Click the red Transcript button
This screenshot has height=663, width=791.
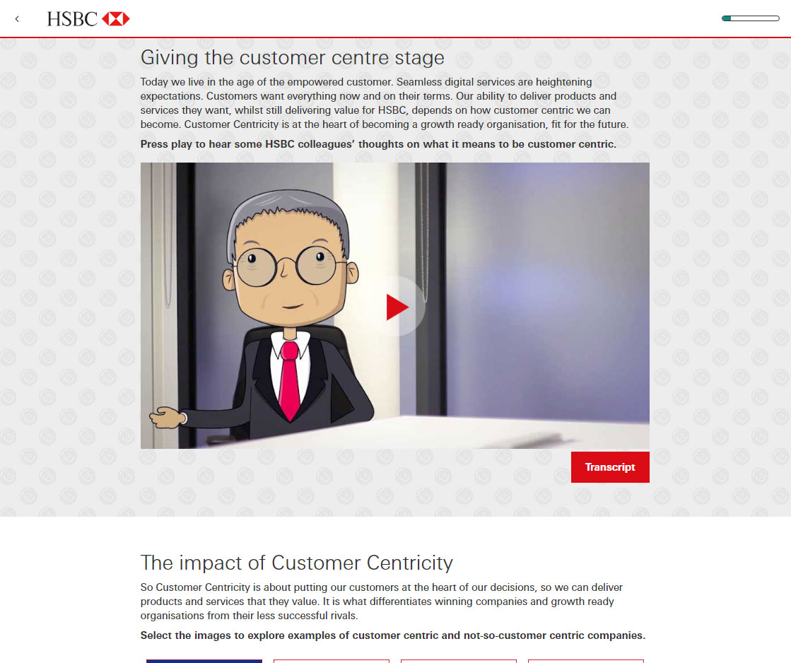coord(610,467)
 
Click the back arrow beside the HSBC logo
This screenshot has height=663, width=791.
coord(17,19)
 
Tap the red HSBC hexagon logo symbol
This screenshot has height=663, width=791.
coord(115,19)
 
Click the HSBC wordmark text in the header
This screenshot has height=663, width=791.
coord(72,19)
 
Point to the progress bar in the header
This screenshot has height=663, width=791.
coord(751,18)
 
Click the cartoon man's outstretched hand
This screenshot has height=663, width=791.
coord(167,417)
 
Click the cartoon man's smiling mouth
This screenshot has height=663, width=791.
coord(292,306)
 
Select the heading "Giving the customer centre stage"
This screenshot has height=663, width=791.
coord(292,57)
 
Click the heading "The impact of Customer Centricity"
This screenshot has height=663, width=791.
coord(297,563)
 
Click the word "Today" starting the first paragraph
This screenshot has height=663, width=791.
coord(154,82)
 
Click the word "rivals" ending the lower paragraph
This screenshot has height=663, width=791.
coord(343,616)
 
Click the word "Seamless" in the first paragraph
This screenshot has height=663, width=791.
coord(418,82)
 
